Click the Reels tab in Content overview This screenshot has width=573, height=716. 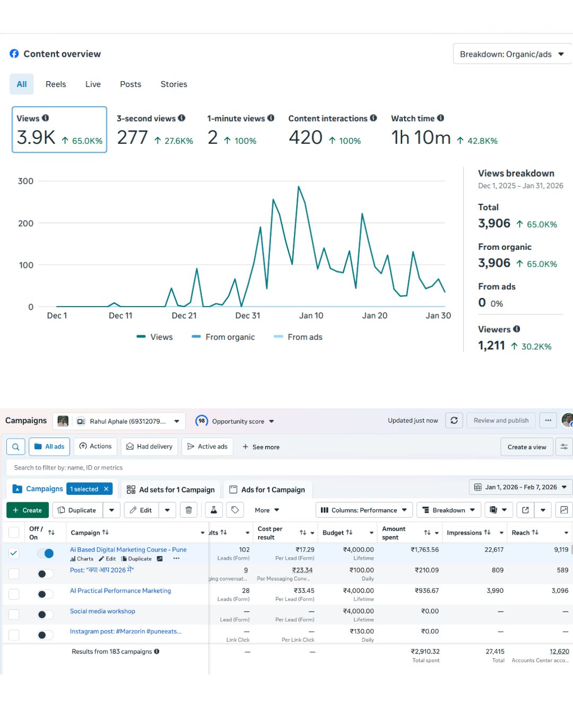pos(56,84)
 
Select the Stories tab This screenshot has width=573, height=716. pos(173,84)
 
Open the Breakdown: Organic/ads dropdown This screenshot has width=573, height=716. pos(511,54)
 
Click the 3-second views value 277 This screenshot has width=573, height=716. pos(133,138)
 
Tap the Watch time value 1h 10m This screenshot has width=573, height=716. pos(421,138)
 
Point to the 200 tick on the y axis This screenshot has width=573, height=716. pos(26,223)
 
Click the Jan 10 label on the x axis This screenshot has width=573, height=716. pos(311,316)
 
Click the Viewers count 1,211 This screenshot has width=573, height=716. pos(491,346)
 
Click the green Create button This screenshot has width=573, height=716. pos(28,510)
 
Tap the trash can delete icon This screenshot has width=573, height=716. pos(189,510)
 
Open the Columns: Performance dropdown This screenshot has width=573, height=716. pos(364,510)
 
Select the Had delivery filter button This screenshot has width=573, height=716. pos(149,447)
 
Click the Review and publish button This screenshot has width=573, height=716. pos(501,421)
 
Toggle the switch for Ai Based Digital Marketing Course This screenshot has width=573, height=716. pos(46,554)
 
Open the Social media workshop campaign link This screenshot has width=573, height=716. pos(102,612)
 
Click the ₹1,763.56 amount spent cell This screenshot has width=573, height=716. pos(424,550)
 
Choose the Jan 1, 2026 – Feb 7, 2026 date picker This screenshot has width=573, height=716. pos(520,487)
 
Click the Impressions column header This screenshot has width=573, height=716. pos(468,532)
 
